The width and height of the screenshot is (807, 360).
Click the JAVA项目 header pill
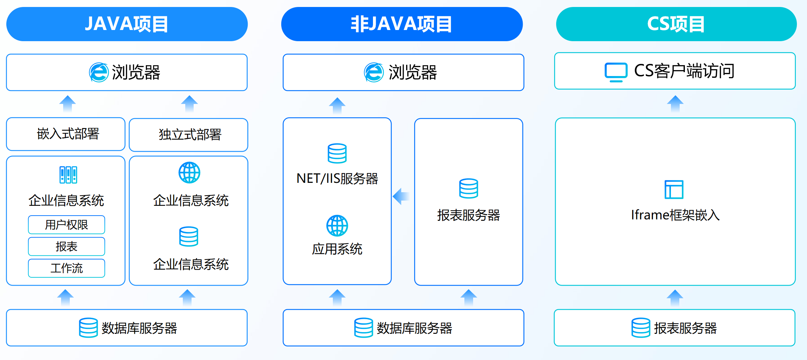point(127,24)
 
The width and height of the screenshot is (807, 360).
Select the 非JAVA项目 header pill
point(402,24)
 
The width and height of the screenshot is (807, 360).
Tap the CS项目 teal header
point(676,24)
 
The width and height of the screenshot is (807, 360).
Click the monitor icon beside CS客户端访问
point(616,72)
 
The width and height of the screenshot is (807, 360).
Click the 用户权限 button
point(66,225)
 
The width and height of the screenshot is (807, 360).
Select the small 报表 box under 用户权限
point(66,246)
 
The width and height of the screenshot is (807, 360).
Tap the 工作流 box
point(66,268)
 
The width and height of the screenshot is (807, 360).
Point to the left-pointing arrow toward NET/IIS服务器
point(401,196)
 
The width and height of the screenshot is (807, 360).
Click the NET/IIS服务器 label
point(337,178)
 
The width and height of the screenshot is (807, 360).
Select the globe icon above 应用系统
point(337,225)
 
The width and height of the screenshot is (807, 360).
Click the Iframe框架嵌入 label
point(675,215)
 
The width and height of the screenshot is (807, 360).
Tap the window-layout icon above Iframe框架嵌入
point(674,189)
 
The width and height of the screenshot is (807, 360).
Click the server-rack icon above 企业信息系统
point(68,175)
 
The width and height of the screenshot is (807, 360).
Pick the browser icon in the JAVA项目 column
point(99,73)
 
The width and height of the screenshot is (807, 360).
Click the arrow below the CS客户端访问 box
point(675,103)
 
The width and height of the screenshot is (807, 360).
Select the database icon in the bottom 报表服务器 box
point(641,328)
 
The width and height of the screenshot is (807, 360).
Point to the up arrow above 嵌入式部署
point(67,103)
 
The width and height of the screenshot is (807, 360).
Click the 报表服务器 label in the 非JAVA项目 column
point(469,215)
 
